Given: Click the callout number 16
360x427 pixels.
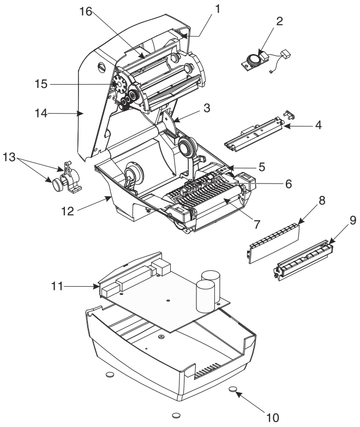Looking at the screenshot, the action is click(x=86, y=11).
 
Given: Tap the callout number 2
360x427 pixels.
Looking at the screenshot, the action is click(x=279, y=21).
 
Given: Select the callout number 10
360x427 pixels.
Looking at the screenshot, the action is click(x=272, y=417).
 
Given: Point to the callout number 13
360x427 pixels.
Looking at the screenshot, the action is click(x=9, y=157).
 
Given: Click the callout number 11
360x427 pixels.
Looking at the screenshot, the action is click(x=57, y=286).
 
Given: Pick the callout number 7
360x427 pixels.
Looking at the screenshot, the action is click(x=257, y=224).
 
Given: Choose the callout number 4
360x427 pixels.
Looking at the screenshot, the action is click(x=318, y=125).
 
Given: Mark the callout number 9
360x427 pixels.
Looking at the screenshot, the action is click(x=353, y=220).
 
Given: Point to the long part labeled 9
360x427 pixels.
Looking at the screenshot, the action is click(x=303, y=260).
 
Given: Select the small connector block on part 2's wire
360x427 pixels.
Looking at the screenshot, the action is click(x=286, y=53).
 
